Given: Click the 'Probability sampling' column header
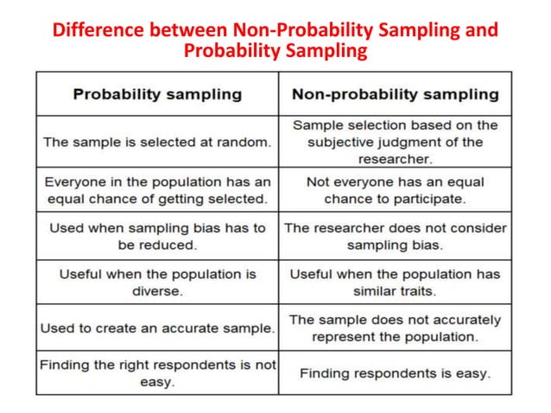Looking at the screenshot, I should [157, 94].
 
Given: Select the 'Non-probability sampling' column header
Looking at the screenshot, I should [395, 94].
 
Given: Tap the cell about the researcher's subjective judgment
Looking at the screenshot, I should [395, 143].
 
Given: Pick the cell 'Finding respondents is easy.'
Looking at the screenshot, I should [395, 373].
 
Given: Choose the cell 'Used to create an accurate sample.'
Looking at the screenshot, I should [157, 328].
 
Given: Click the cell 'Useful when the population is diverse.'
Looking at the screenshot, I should [157, 283].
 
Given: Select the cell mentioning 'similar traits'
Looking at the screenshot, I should [395, 283].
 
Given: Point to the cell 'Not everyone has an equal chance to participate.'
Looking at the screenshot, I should [395, 190].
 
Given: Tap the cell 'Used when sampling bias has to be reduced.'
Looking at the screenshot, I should [157, 236].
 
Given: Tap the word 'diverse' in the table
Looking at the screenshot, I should [157, 291].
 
